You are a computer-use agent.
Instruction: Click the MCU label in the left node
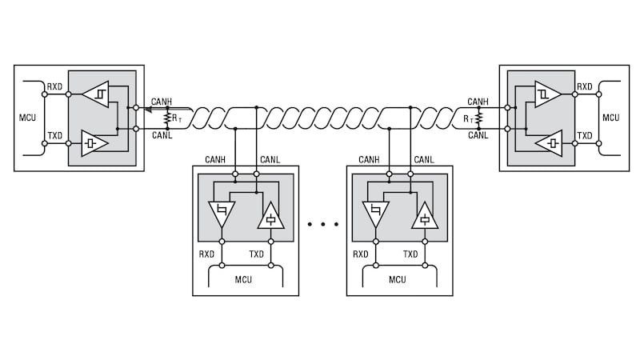pos(28,118)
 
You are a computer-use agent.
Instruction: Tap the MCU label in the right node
pos(610,118)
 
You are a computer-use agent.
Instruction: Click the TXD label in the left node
pos(55,136)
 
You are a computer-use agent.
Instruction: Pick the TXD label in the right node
pos(585,136)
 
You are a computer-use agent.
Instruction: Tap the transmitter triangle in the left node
pos(94,143)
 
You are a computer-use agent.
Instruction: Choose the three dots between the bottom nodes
pos(323,225)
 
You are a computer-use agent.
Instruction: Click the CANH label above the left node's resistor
pos(162,102)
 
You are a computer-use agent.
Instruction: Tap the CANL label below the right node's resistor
pos(478,135)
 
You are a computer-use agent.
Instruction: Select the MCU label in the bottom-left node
pos(244,279)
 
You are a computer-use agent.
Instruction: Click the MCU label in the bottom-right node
pos(398,279)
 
